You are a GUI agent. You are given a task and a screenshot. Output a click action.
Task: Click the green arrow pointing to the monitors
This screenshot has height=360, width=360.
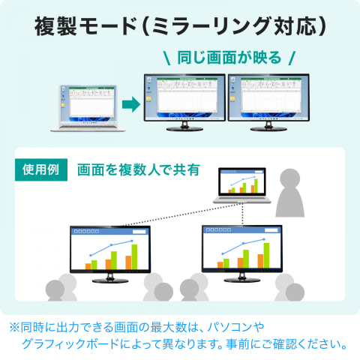[x=131, y=104]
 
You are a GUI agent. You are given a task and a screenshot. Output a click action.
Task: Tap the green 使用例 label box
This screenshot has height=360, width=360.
[x=41, y=169]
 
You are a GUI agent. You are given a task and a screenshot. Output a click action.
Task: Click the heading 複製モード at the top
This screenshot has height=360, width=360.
[x=85, y=26]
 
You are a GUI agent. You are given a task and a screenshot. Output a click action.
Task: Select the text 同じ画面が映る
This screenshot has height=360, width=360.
[x=229, y=58]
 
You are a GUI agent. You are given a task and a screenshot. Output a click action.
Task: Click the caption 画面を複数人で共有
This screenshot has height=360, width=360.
[x=139, y=170]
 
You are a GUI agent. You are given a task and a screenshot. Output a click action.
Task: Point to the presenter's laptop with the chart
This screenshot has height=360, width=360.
[x=241, y=185]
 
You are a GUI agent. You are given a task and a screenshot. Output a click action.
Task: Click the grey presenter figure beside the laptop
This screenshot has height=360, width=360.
[x=290, y=193]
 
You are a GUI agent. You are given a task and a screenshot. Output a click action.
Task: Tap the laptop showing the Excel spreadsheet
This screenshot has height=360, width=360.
[x=88, y=108]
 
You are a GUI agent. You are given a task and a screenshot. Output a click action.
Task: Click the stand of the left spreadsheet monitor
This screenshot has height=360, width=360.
[x=184, y=127]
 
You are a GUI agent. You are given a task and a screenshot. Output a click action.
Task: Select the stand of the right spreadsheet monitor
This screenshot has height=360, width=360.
[x=268, y=127]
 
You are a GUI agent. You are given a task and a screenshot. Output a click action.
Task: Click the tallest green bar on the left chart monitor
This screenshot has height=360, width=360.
[x=134, y=257]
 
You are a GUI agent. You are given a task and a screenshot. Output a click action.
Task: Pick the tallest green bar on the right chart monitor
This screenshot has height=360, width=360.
[x=266, y=256]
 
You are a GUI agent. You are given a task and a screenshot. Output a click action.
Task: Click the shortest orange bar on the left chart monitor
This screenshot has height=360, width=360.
[x=88, y=266]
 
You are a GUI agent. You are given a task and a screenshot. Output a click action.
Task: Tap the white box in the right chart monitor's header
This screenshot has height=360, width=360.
[x=271, y=230]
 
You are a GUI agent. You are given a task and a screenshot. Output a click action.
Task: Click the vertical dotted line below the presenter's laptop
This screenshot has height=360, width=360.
[x=242, y=214]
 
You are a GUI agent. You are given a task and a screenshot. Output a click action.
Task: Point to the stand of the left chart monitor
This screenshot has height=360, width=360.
[x=110, y=278]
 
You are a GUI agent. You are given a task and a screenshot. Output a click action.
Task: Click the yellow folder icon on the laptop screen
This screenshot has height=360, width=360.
[x=63, y=105]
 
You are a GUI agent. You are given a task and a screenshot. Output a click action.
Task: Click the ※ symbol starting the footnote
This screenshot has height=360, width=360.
[x=14, y=327]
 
